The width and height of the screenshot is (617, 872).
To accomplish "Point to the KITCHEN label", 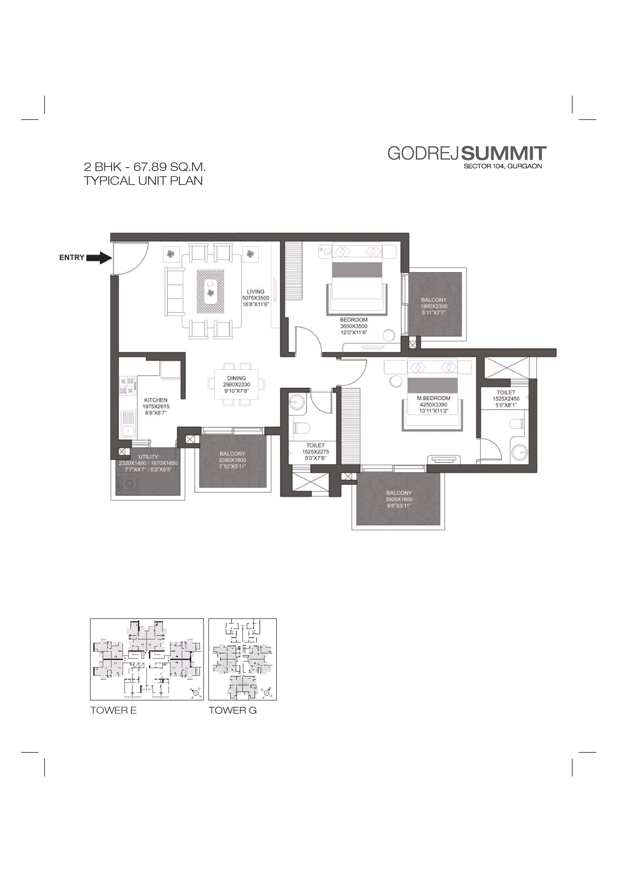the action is [156, 400].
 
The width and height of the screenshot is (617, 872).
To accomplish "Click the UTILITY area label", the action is [148, 456].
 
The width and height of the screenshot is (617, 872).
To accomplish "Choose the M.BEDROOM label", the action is [434, 398].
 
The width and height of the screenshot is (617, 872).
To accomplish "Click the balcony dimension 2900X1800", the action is [399, 499].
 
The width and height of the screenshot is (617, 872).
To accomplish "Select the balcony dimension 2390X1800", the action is [233, 460].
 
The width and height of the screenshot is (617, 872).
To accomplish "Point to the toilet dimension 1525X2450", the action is [506, 399].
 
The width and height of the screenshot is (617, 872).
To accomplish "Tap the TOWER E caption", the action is [113, 710].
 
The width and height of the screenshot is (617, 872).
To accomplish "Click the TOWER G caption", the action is [233, 710].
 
